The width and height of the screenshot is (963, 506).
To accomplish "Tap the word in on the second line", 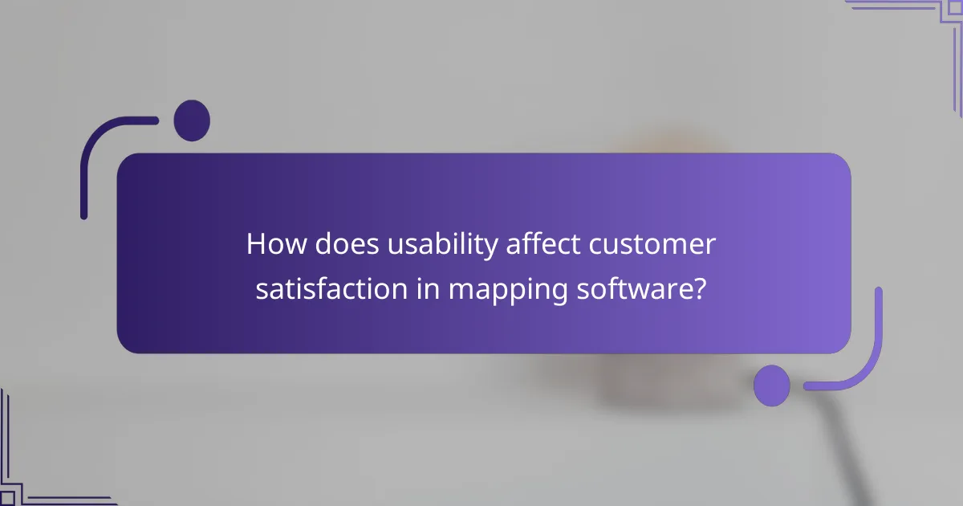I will point(428,289).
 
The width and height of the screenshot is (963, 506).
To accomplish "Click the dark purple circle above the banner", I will point(192,120).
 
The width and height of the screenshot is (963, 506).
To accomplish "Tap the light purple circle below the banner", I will point(772,386).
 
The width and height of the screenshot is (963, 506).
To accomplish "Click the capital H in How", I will point(256,244).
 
